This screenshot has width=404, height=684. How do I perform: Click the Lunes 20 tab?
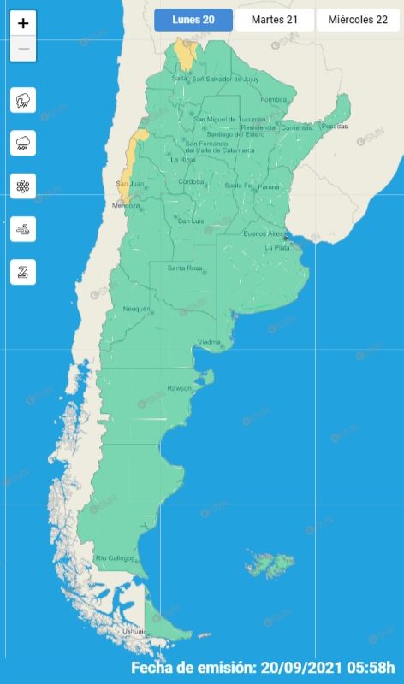click(193, 21)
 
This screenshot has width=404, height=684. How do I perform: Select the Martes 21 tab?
click(275, 21)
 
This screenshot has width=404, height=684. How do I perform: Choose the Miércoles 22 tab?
click(358, 21)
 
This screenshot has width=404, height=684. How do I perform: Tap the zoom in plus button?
click(23, 24)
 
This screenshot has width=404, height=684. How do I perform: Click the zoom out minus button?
click(23, 49)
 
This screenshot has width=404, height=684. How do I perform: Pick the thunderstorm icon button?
click(23, 100)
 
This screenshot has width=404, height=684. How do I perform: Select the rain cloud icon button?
click(23, 143)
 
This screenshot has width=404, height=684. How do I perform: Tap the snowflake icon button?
click(23, 186)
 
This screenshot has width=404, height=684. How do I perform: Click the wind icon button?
click(23, 228)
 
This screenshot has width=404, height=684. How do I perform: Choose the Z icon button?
click(23, 272)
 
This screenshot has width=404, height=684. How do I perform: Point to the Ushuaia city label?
click(110, 631)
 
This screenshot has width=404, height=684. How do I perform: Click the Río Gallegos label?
click(115, 558)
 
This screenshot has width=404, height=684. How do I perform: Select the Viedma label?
click(210, 342)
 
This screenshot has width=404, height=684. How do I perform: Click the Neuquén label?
click(137, 308)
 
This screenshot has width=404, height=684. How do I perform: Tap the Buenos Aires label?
click(264, 233)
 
